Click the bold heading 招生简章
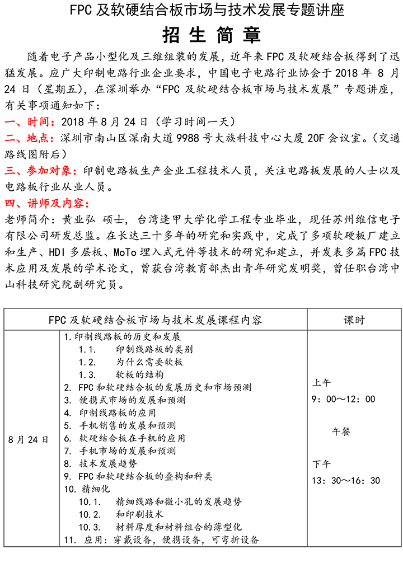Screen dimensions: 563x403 [x=201, y=35]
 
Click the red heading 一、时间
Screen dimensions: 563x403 [x=29, y=121]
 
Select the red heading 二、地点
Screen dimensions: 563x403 [x=29, y=138]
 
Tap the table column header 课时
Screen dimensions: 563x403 [x=354, y=320]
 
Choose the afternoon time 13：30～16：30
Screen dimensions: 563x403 [x=346, y=480]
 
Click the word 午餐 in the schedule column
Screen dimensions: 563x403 [x=341, y=431]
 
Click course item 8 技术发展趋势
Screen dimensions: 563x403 [x=101, y=463]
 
